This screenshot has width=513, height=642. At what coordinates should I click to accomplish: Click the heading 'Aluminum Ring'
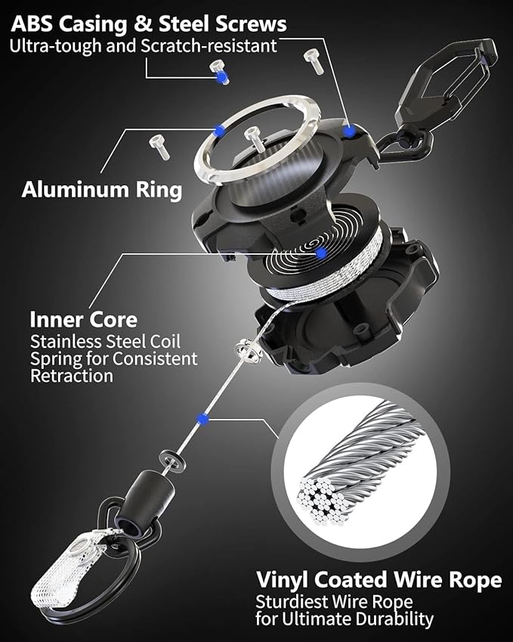[101, 189]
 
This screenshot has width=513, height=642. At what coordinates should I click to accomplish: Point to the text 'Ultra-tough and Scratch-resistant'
[143, 45]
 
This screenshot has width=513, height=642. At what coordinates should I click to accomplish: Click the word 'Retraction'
[72, 375]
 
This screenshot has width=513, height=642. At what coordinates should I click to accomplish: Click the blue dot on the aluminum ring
[218, 130]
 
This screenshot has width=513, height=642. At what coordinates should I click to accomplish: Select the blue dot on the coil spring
[321, 253]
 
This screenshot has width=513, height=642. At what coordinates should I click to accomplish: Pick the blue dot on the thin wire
[201, 417]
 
